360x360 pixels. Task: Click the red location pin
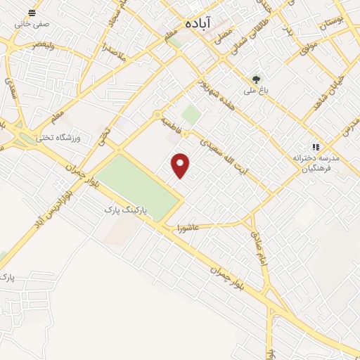(x=181, y=165)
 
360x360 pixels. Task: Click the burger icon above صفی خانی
(x=32, y=13)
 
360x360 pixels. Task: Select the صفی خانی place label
(x=32, y=25)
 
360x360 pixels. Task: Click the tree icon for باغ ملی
(x=256, y=79)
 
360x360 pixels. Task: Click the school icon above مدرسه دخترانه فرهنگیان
(x=316, y=148)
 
